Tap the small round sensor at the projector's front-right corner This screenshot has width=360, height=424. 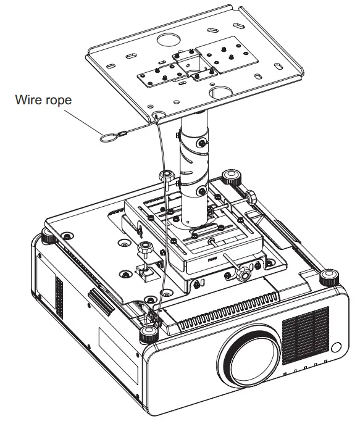(337, 347)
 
